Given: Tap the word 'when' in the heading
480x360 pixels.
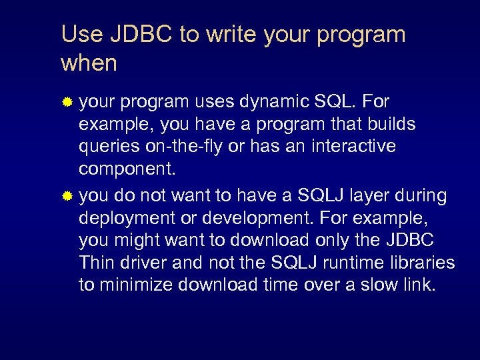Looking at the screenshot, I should (89, 63).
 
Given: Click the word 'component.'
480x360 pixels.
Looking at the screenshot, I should (127, 169).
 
